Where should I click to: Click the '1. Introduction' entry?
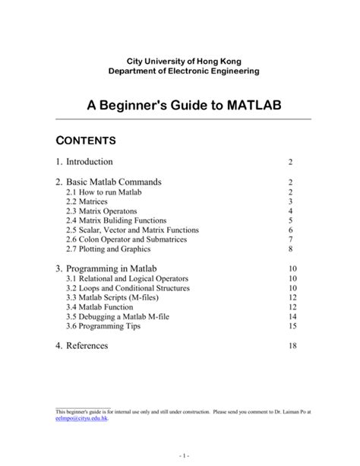click(84, 162)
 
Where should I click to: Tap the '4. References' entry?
click(81, 346)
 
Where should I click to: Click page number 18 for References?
click(291, 346)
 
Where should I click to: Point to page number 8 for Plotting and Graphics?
click(291, 248)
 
